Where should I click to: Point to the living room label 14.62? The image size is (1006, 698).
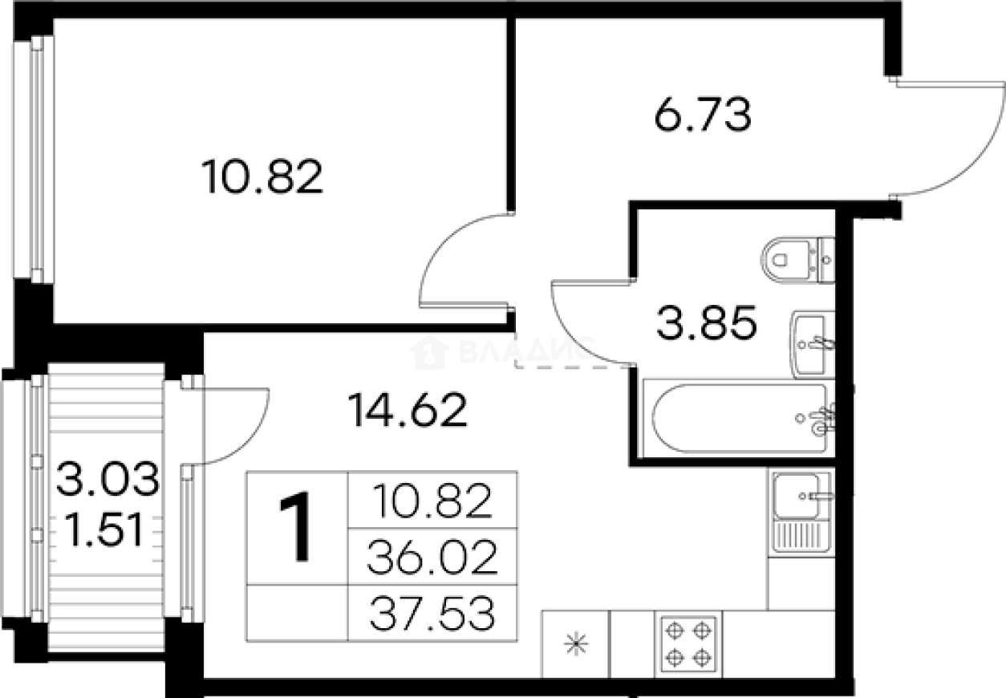[x=408, y=411]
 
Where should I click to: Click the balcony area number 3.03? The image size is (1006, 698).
[x=107, y=483]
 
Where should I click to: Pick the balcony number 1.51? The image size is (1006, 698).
[x=107, y=530]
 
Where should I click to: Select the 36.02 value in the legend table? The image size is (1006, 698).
[x=432, y=558]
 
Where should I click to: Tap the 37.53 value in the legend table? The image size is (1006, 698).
[x=432, y=615]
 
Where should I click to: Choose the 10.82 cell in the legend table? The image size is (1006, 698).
[x=432, y=501]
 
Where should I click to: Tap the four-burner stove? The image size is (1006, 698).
[x=688, y=643]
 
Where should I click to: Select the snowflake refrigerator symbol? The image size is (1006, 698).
[x=576, y=643]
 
